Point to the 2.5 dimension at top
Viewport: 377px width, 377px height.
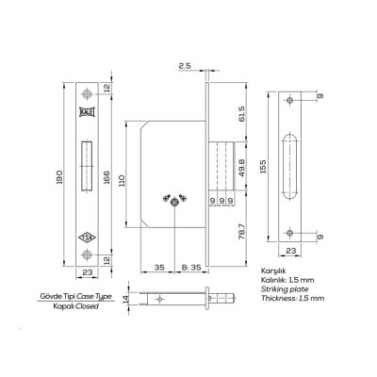[184, 65]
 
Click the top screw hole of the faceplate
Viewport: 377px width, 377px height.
[87, 94]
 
